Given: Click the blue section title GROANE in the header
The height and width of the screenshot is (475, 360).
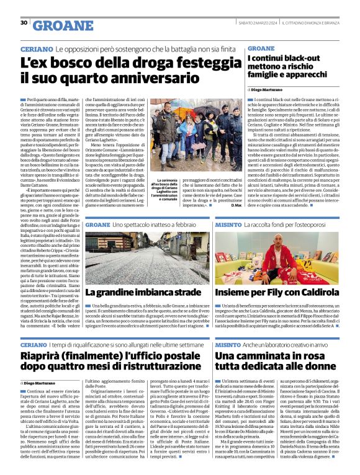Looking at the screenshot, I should tap(60, 25).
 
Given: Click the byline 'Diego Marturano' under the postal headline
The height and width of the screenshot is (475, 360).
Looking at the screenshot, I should tap(43, 384).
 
